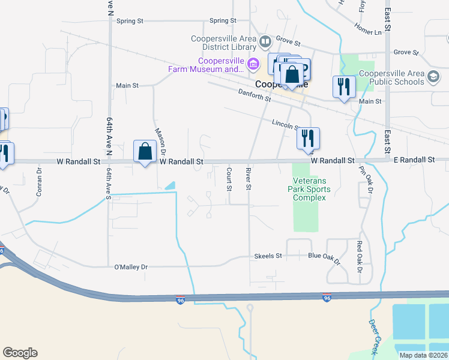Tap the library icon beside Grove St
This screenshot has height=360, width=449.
click(x=265, y=42)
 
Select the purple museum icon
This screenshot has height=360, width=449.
click(x=253, y=63)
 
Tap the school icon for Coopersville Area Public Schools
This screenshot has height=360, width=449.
click(x=433, y=77)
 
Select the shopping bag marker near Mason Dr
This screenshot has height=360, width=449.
click(x=145, y=152)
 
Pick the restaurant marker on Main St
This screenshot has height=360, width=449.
click(x=343, y=86)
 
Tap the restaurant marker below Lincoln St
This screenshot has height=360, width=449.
click(x=308, y=139)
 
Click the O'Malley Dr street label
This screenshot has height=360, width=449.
click(x=131, y=267)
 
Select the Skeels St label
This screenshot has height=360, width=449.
click(x=268, y=256)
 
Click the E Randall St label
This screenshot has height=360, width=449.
click(x=414, y=160)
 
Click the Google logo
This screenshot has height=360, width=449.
click(x=20, y=353)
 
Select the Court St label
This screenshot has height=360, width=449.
click(x=229, y=179)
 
